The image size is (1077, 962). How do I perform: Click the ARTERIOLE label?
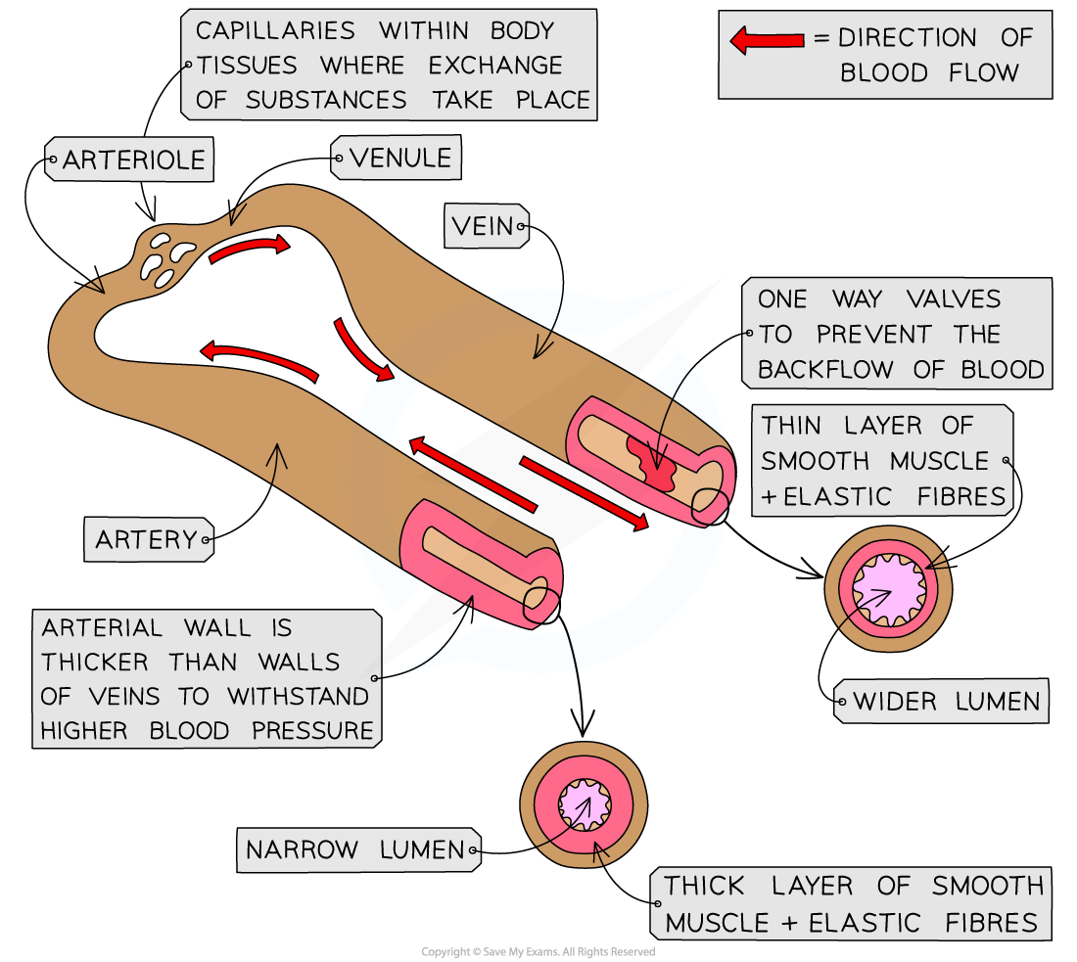(133, 160)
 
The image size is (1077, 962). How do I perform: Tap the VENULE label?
(399, 158)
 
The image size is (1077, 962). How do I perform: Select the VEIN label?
(484, 227)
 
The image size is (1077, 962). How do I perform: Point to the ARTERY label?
(146, 539)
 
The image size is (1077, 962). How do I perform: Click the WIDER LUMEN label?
(946, 701)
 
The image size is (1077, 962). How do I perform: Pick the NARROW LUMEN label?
(354, 849)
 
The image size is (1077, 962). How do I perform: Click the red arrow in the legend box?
(767, 40)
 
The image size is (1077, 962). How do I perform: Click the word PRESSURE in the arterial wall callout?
(312, 731)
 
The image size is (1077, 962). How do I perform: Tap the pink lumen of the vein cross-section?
(888, 589)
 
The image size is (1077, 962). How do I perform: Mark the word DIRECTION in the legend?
(908, 39)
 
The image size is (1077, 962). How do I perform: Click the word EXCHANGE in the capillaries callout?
(494, 66)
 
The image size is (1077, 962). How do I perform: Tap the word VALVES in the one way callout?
(940, 299)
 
